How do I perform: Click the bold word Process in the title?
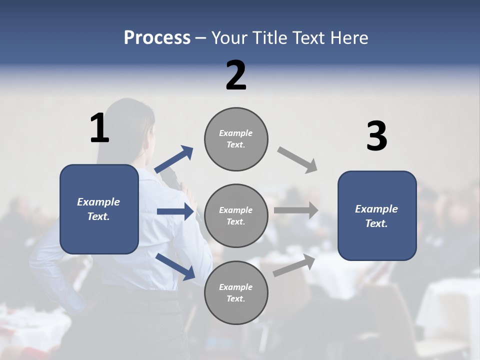click(x=157, y=38)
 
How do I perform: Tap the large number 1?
click(x=99, y=128)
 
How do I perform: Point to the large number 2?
click(x=236, y=75)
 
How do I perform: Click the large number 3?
click(x=376, y=136)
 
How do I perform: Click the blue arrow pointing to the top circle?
click(x=173, y=159)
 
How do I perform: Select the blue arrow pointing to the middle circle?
click(x=175, y=211)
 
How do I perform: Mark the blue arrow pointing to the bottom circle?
click(x=175, y=266)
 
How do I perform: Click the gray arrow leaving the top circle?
click(x=297, y=160)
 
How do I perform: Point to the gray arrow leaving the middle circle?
click(x=296, y=210)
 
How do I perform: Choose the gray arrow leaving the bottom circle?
click(x=294, y=265)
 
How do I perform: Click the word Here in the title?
click(x=349, y=38)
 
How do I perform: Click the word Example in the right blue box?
click(x=376, y=209)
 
